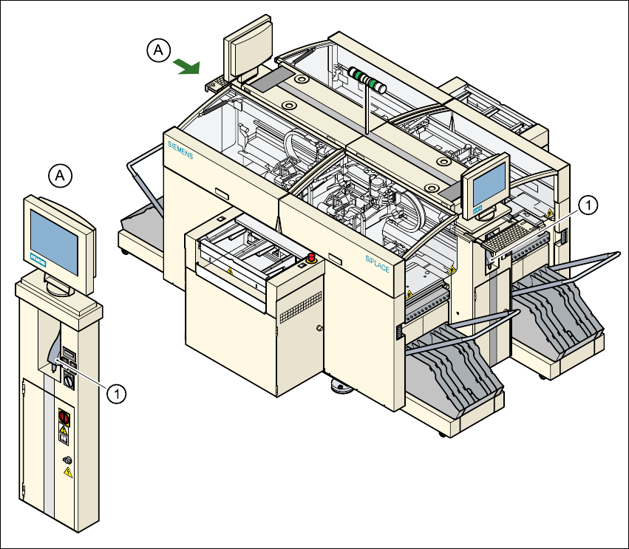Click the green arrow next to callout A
pyautogui.click(x=186, y=67)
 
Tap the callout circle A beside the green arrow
pyautogui.click(x=157, y=50)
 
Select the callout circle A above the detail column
pyautogui.click(x=61, y=176)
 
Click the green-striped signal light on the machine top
pyautogui.click(x=365, y=78)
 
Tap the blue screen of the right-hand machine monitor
pyautogui.click(x=488, y=185)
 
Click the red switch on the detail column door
pyautogui.click(x=64, y=416)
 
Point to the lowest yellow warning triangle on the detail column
pyautogui.click(x=69, y=471)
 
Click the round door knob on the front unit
pyautogui.click(x=319, y=328)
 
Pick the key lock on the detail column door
pyautogui.click(x=67, y=460)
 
